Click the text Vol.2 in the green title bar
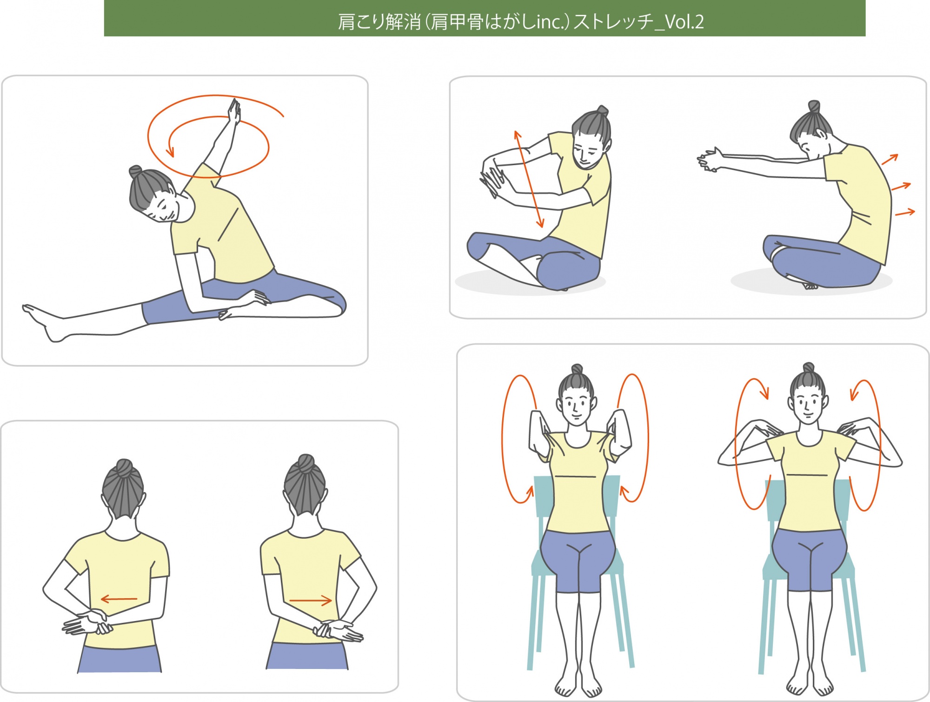(x=684, y=21)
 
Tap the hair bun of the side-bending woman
(x=135, y=171)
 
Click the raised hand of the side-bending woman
(x=234, y=112)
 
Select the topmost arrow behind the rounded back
(x=890, y=160)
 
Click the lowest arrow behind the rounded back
(x=905, y=213)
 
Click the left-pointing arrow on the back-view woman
(x=119, y=599)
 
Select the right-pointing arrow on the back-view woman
(x=311, y=601)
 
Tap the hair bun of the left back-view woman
(x=124, y=468)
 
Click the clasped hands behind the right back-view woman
(x=338, y=630)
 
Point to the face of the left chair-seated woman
(x=576, y=406)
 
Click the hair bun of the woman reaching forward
(x=814, y=107)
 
